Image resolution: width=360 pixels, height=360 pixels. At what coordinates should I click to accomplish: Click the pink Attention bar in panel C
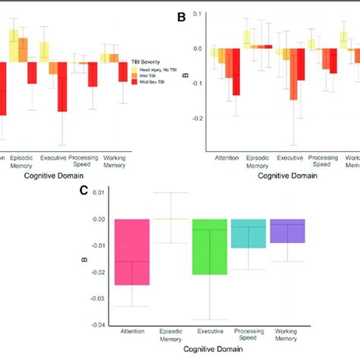click(x=132, y=252)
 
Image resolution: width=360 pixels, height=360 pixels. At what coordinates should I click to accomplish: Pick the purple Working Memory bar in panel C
click(x=287, y=232)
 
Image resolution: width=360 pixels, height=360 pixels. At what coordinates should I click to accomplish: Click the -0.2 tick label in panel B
click(x=197, y=118)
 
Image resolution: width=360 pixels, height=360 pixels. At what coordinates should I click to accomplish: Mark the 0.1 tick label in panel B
click(x=199, y=14)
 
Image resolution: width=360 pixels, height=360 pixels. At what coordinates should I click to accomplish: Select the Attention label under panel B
click(x=226, y=158)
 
